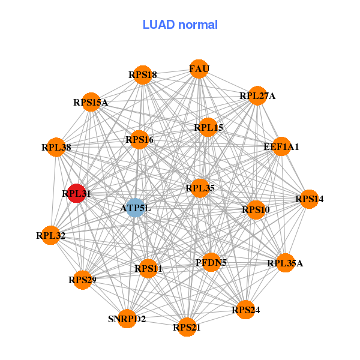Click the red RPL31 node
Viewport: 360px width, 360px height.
[x=76, y=193]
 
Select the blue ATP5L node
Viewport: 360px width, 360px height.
[x=136, y=208]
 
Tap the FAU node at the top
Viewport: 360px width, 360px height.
[x=199, y=69]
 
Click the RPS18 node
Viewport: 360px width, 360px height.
[x=142, y=75]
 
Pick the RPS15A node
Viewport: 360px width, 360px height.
[x=91, y=102]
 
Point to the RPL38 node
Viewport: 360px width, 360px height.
[x=56, y=147]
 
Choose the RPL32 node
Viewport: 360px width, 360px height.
[x=50, y=236]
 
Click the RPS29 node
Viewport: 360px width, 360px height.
[x=83, y=280]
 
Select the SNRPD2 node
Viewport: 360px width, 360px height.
[x=127, y=319]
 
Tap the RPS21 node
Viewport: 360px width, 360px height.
[x=187, y=327]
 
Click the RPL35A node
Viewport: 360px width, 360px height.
[x=285, y=263]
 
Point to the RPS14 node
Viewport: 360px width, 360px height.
[x=309, y=199]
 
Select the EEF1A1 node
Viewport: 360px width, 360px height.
[x=281, y=146]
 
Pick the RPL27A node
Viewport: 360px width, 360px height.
[x=257, y=95]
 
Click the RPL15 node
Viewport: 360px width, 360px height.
[x=208, y=127]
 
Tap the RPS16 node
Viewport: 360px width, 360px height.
[x=139, y=140]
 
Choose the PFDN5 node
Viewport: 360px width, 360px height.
[x=211, y=262]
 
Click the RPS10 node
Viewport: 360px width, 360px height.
[x=256, y=209]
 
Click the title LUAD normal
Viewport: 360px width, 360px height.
[x=180, y=25]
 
